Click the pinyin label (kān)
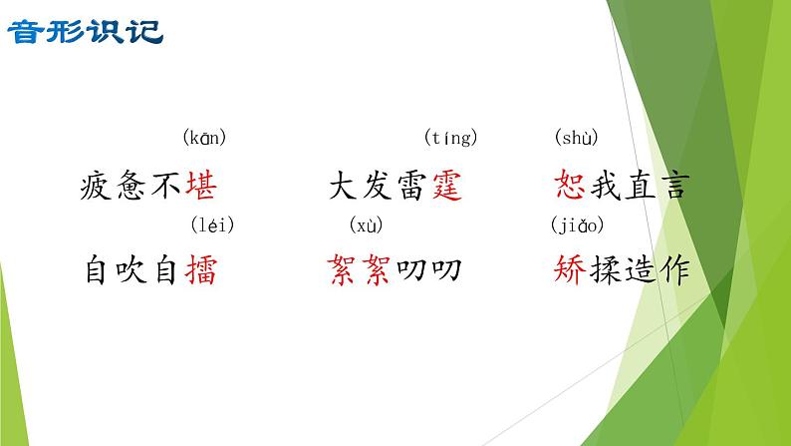pyautogui.click(x=205, y=138)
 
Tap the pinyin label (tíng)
pyautogui.click(x=450, y=138)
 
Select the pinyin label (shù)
pyautogui.click(x=577, y=138)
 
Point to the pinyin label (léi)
pyautogui.click(x=211, y=224)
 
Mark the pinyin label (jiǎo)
pyautogui.click(x=578, y=224)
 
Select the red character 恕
pyautogui.click(x=568, y=185)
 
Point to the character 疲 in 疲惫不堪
pyautogui.click(x=97, y=185)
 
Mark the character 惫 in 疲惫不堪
pyautogui.click(x=132, y=185)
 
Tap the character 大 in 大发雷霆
pyautogui.click(x=344, y=185)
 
